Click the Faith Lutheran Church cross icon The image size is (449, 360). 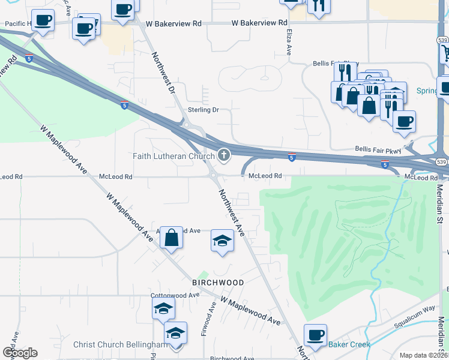[x=224, y=156]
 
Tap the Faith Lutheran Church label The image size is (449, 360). [x=173, y=157]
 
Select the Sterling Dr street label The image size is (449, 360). [x=203, y=110]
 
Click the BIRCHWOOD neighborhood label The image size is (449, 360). [x=218, y=283]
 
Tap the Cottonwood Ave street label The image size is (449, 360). [x=175, y=295]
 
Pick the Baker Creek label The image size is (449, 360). [x=349, y=344]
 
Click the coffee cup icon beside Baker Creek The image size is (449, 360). [x=315, y=335]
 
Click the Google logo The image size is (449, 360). [x=20, y=353]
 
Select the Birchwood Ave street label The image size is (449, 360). [x=234, y=358]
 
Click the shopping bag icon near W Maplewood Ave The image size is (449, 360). [x=172, y=238]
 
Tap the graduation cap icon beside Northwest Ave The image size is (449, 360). [x=222, y=241]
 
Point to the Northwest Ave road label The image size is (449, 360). [x=232, y=213]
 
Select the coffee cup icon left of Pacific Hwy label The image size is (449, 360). [x=43, y=20]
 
